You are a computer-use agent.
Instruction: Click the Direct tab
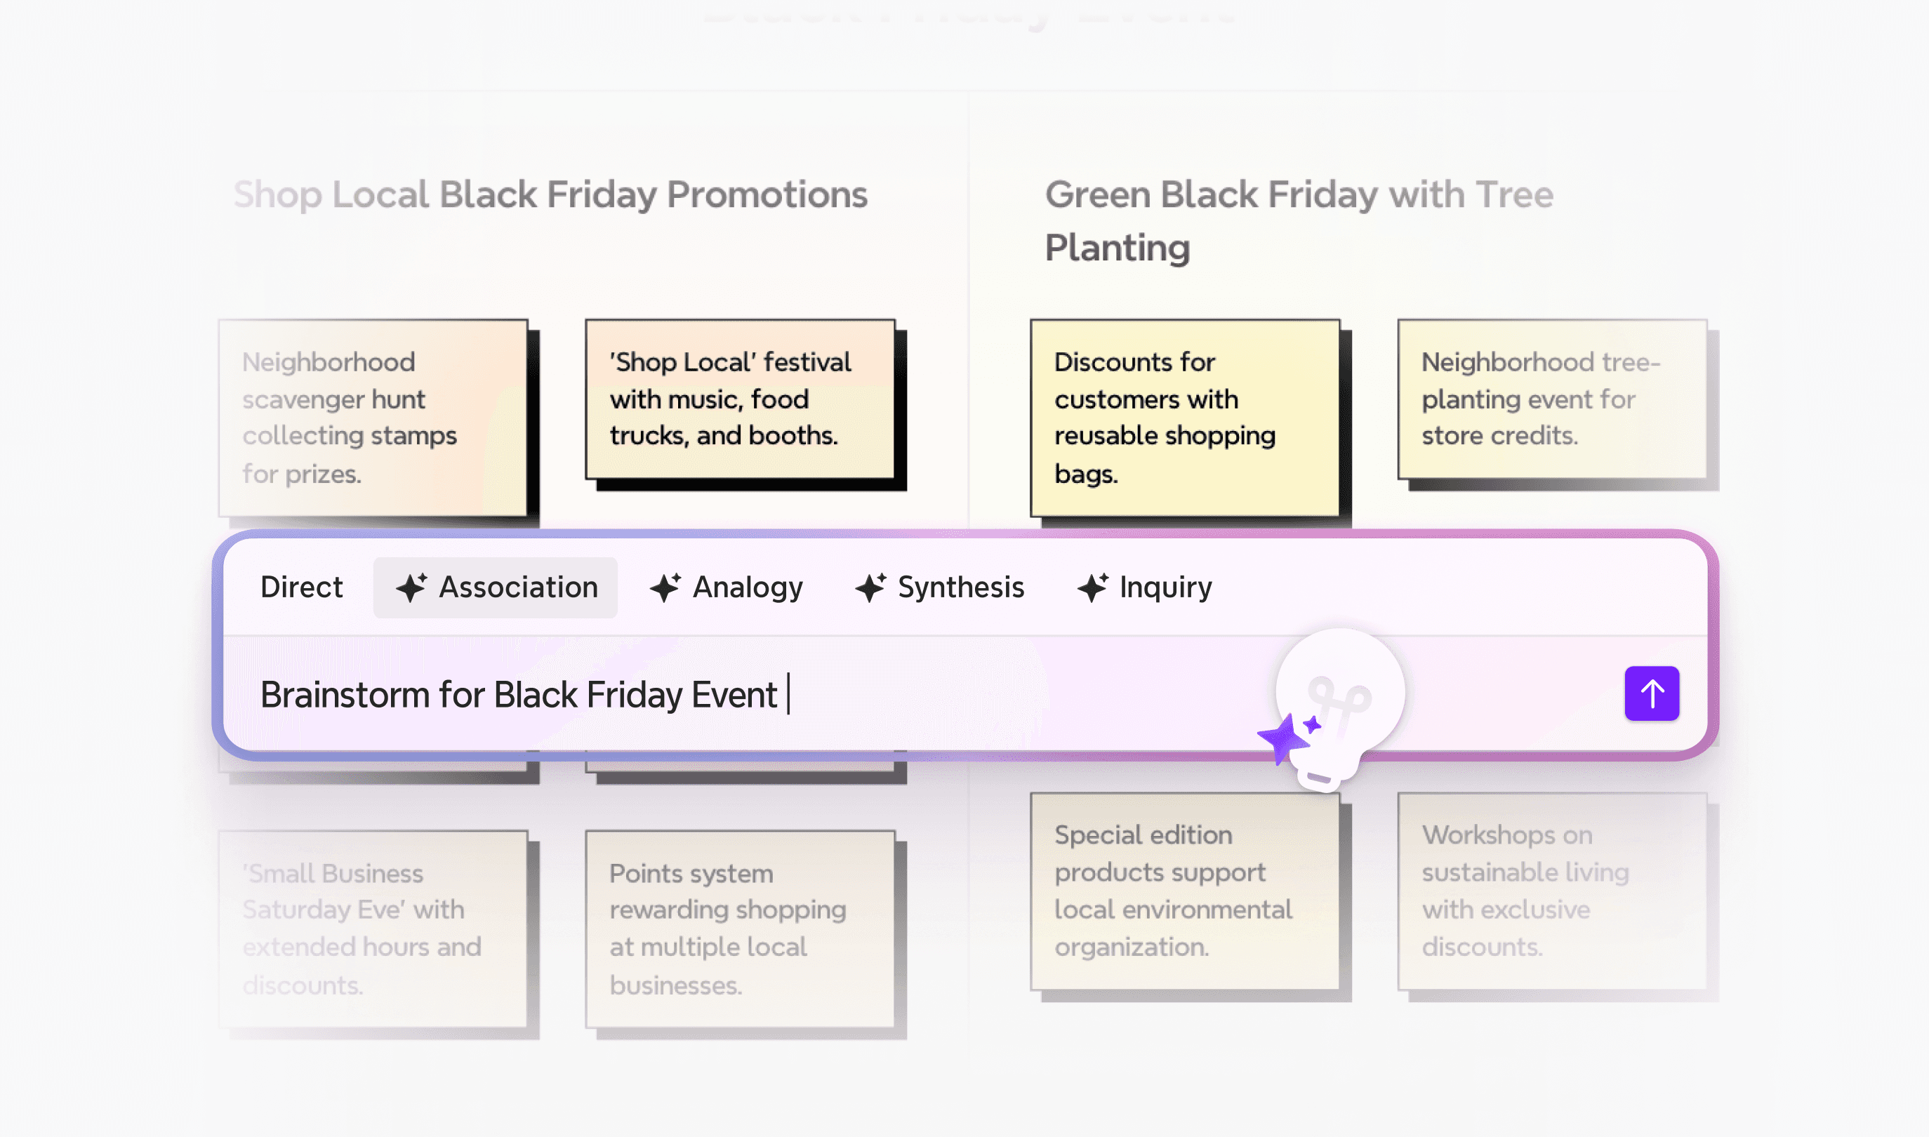(301, 587)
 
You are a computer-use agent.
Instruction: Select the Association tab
(496, 587)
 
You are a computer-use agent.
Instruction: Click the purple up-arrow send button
(1651, 693)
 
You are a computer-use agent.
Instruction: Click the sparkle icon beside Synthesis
(870, 587)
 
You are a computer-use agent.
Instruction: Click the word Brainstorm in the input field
(345, 695)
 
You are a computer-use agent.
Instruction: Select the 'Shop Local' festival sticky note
(740, 399)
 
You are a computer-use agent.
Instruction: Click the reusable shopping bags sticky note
(1184, 418)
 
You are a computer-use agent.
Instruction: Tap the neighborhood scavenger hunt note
(373, 418)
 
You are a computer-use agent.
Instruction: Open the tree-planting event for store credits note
(1552, 399)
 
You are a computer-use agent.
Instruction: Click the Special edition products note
(1184, 890)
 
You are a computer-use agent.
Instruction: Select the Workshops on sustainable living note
(1552, 890)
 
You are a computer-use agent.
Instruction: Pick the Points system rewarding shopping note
(740, 929)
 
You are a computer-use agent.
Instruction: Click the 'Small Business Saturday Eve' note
(373, 929)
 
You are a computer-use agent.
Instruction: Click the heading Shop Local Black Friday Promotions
(550, 194)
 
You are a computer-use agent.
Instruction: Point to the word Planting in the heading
(1117, 248)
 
